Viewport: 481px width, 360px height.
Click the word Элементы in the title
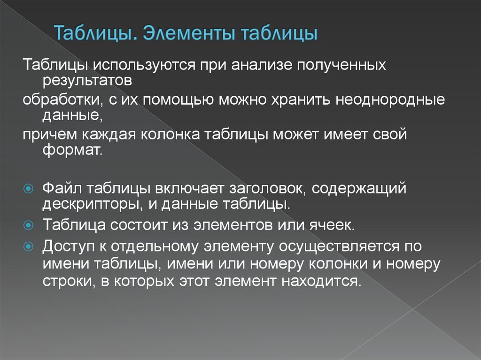[188, 35]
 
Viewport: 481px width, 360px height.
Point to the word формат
[71, 151]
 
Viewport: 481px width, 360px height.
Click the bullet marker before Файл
[28, 189]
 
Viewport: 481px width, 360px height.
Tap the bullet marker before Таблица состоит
[28, 225]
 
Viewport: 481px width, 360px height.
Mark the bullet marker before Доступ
[28, 245]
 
